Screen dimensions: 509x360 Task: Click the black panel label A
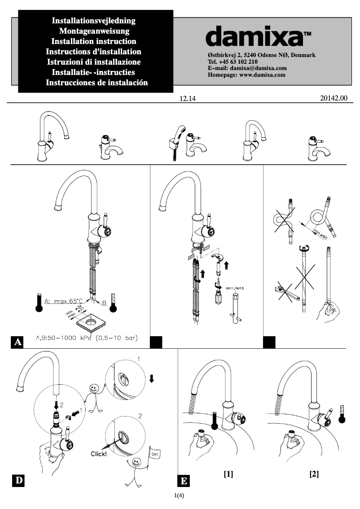(18, 342)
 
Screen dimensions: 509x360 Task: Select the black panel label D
(18, 481)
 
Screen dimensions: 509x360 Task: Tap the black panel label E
(184, 482)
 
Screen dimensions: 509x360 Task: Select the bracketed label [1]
(228, 474)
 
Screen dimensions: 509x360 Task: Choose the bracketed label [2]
(314, 474)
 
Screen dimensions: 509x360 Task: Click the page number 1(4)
(180, 496)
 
